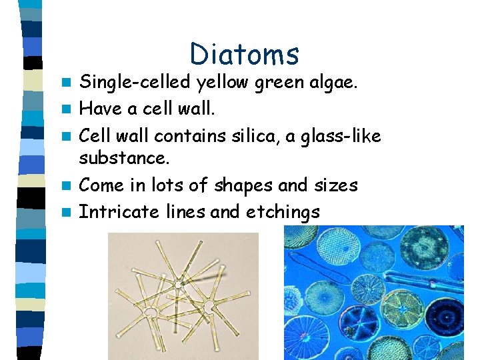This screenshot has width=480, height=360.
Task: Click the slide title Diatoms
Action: pos(244,55)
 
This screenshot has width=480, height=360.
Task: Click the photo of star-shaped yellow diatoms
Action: pos(183,296)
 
